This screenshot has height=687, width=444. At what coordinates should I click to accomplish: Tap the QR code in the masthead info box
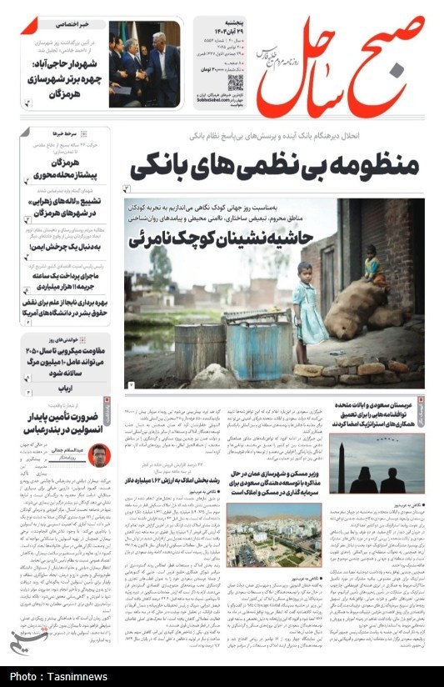(x=235, y=83)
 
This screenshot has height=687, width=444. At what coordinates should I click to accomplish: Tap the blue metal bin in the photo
(x=257, y=349)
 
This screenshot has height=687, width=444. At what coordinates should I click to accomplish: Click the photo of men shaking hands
(x=143, y=64)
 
